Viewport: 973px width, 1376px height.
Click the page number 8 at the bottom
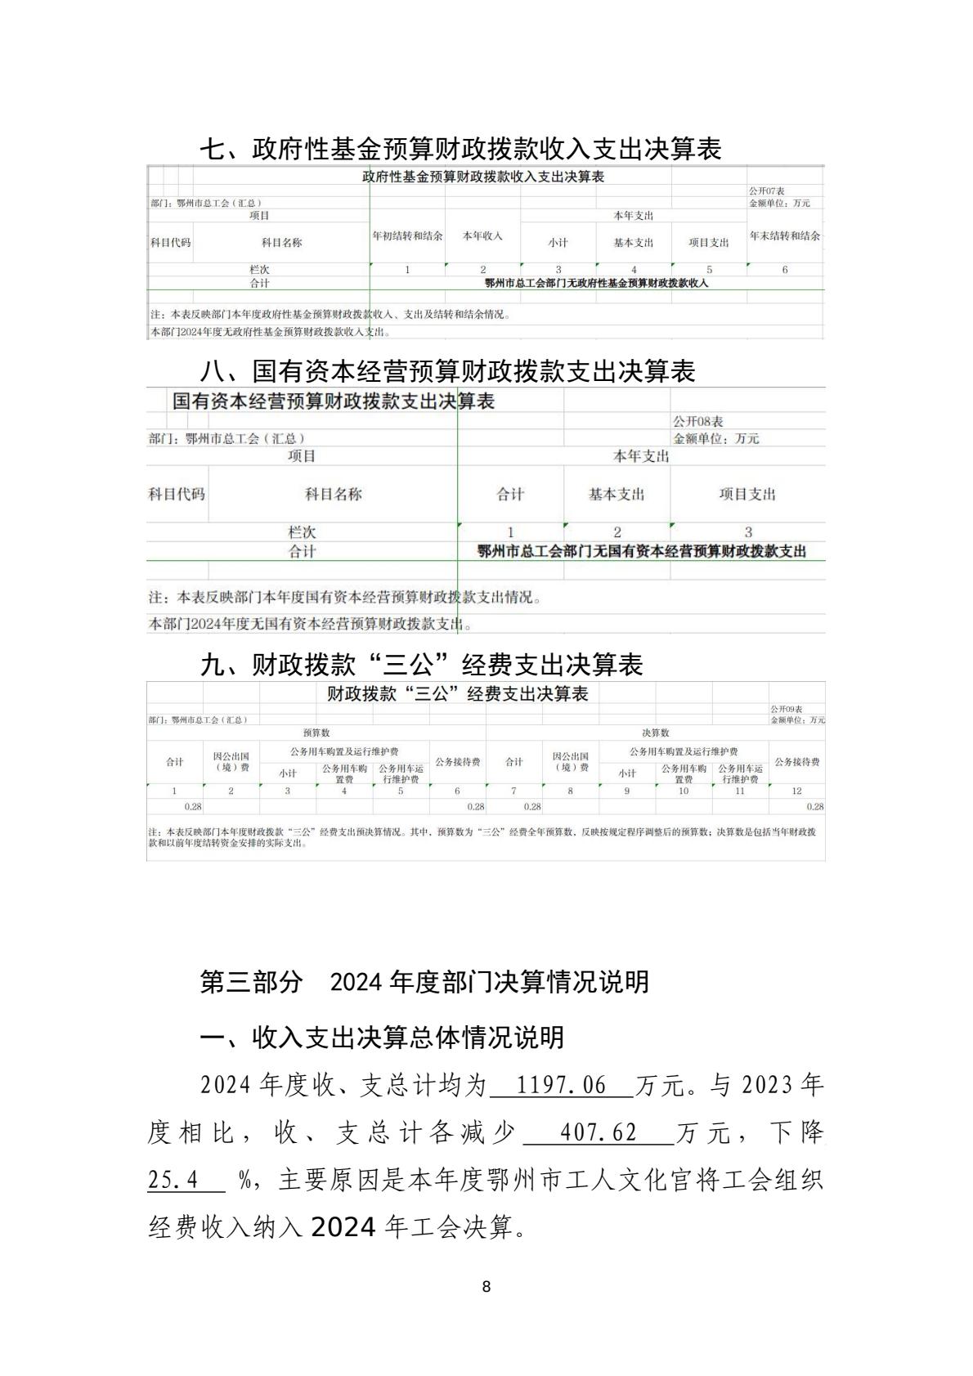tap(486, 1286)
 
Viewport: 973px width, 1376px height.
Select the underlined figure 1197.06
tap(563, 1086)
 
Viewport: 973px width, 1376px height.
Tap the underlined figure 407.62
tap(599, 1133)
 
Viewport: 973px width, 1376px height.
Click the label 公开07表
tap(767, 191)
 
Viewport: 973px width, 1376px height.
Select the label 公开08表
tap(697, 422)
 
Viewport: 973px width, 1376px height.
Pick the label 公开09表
tap(786, 709)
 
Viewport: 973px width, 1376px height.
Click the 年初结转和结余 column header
tap(407, 235)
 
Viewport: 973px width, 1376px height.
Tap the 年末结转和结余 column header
tap(785, 235)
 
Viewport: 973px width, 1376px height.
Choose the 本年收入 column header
tap(482, 235)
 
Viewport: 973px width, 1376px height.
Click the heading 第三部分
tap(251, 981)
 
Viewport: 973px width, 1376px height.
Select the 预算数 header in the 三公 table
tap(316, 733)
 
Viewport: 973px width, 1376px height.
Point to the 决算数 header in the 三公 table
tap(655, 733)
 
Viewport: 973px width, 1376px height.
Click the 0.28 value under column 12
tap(814, 806)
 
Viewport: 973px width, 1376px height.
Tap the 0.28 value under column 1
tap(192, 806)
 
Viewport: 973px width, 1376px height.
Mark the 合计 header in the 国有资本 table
tap(510, 494)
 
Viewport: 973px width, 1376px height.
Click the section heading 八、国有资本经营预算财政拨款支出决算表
tap(447, 372)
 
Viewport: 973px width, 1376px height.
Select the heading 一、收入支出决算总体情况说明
tap(382, 1037)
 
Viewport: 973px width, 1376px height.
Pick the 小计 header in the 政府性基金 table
tap(558, 243)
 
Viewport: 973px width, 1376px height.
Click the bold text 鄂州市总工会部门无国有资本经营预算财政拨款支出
tap(641, 551)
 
